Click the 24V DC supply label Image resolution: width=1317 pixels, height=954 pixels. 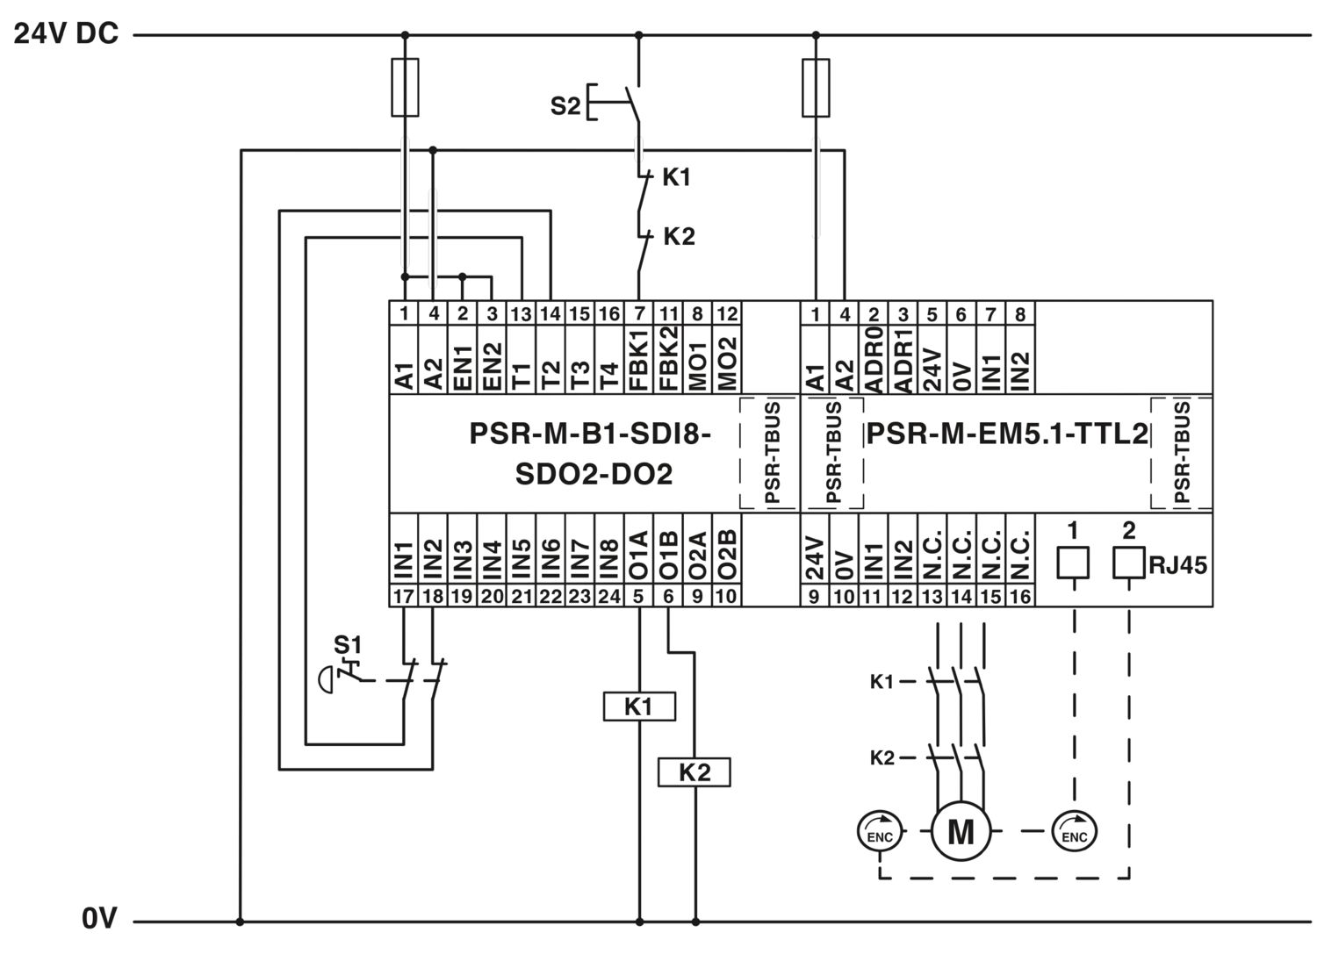[x=66, y=33]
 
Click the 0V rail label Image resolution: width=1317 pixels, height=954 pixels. [x=99, y=918]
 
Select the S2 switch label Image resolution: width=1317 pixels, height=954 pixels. [x=565, y=106]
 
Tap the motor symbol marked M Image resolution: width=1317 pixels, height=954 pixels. [x=961, y=831]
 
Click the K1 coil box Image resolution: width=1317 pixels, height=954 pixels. [x=639, y=706]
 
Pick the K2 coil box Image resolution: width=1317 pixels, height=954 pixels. [x=694, y=771]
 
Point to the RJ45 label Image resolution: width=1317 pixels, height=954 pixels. [x=1177, y=565]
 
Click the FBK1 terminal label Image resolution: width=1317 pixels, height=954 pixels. [x=639, y=359]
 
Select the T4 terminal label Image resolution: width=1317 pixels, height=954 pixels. [x=609, y=377]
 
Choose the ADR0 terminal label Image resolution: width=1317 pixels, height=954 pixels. [x=874, y=360]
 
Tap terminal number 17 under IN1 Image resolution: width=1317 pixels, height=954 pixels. [x=403, y=596]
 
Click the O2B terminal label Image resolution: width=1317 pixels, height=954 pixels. [x=727, y=555]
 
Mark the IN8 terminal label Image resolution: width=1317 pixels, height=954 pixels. [x=609, y=559]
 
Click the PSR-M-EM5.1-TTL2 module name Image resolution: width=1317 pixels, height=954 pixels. [x=1007, y=434]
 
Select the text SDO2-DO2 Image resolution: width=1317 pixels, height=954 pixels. [x=594, y=474]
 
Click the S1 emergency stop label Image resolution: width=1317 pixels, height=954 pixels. [x=348, y=645]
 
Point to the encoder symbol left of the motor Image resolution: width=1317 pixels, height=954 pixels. [x=880, y=831]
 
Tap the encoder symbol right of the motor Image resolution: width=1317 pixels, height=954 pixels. [x=1074, y=831]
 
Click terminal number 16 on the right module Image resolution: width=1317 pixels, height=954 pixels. [x=1020, y=596]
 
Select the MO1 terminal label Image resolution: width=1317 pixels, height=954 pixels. [x=698, y=364]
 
